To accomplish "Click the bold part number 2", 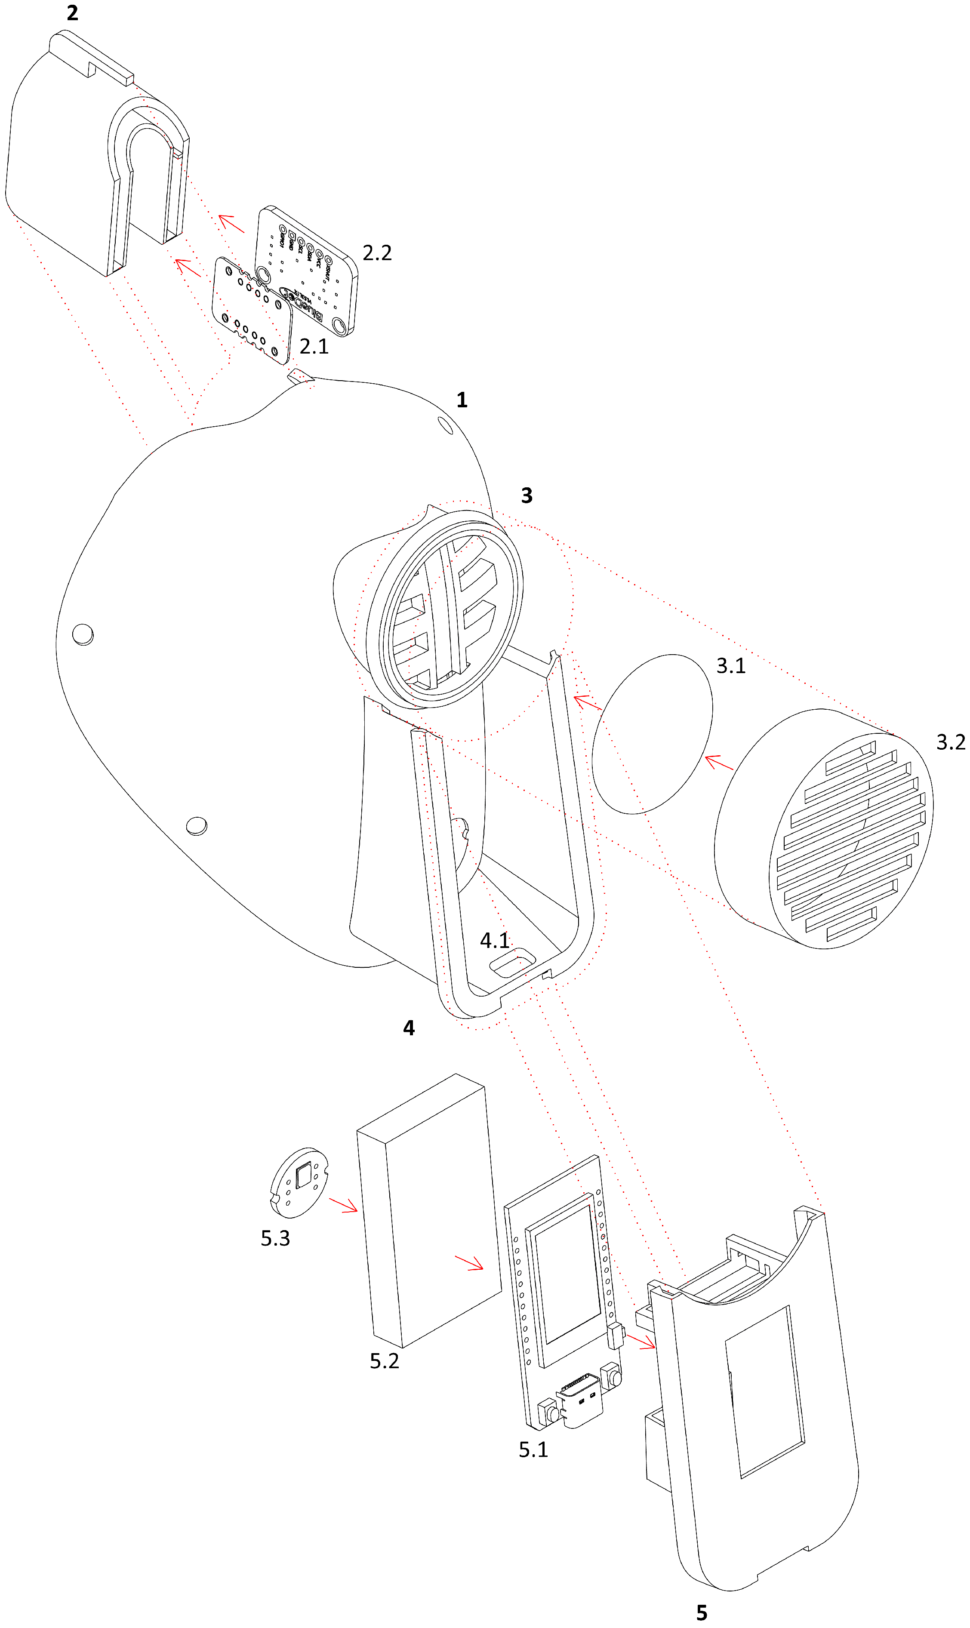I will tap(73, 13).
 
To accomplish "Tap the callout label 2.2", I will tap(377, 253).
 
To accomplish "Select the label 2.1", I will tap(314, 346).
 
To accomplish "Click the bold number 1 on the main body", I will tap(462, 400).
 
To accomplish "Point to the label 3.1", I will tap(731, 666).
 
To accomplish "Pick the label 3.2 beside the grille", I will tap(950, 742).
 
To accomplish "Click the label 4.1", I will tap(495, 941).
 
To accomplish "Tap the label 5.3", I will tap(275, 1238).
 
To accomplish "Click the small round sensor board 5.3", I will tap(299, 1183).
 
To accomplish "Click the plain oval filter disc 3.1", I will tap(653, 734).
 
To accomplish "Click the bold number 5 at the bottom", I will tap(701, 1613).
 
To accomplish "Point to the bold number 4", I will tap(409, 1028).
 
